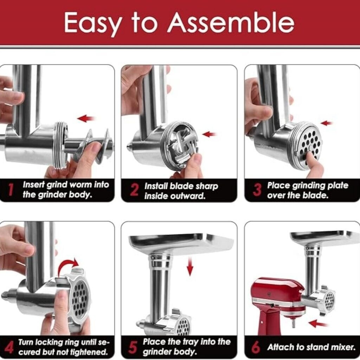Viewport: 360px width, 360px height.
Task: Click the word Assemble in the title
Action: point(231,22)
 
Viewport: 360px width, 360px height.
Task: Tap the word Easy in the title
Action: point(92,24)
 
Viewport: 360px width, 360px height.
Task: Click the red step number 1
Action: point(10,189)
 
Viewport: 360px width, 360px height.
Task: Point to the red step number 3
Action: point(257,190)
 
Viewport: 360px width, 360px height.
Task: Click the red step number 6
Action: point(256,347)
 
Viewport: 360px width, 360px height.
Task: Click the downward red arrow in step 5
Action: point(190,266)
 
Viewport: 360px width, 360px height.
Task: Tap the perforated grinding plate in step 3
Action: point(310,144)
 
